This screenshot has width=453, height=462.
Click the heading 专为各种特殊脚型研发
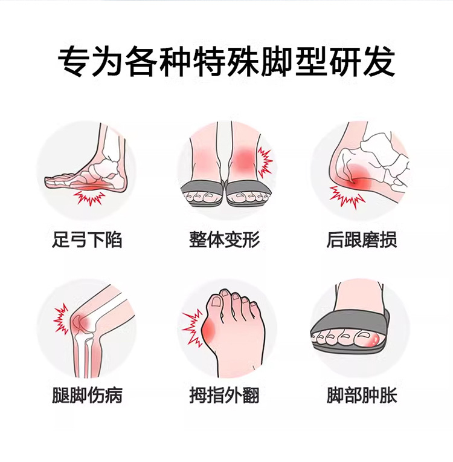[x=226, y=62]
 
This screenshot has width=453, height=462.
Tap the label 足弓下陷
[x=87, y=239]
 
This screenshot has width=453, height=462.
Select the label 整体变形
[x=224, y=239]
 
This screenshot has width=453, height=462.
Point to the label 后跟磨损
[x=362, y=239]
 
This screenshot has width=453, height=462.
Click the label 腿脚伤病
[x=87, y=395]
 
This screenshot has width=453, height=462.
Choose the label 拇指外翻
[x=224, y=395]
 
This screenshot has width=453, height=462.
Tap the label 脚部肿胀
[x=362, y=395]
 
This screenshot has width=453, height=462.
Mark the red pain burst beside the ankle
[x=265, y=161]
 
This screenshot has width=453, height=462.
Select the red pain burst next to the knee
[x=62, y=319]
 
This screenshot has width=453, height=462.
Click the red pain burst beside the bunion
[x=192, y=328]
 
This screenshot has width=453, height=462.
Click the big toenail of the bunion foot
[x=217, y=301]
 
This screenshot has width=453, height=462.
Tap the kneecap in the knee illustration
[x=77, y=322]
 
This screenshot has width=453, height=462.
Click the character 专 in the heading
[x=74, y=62]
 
